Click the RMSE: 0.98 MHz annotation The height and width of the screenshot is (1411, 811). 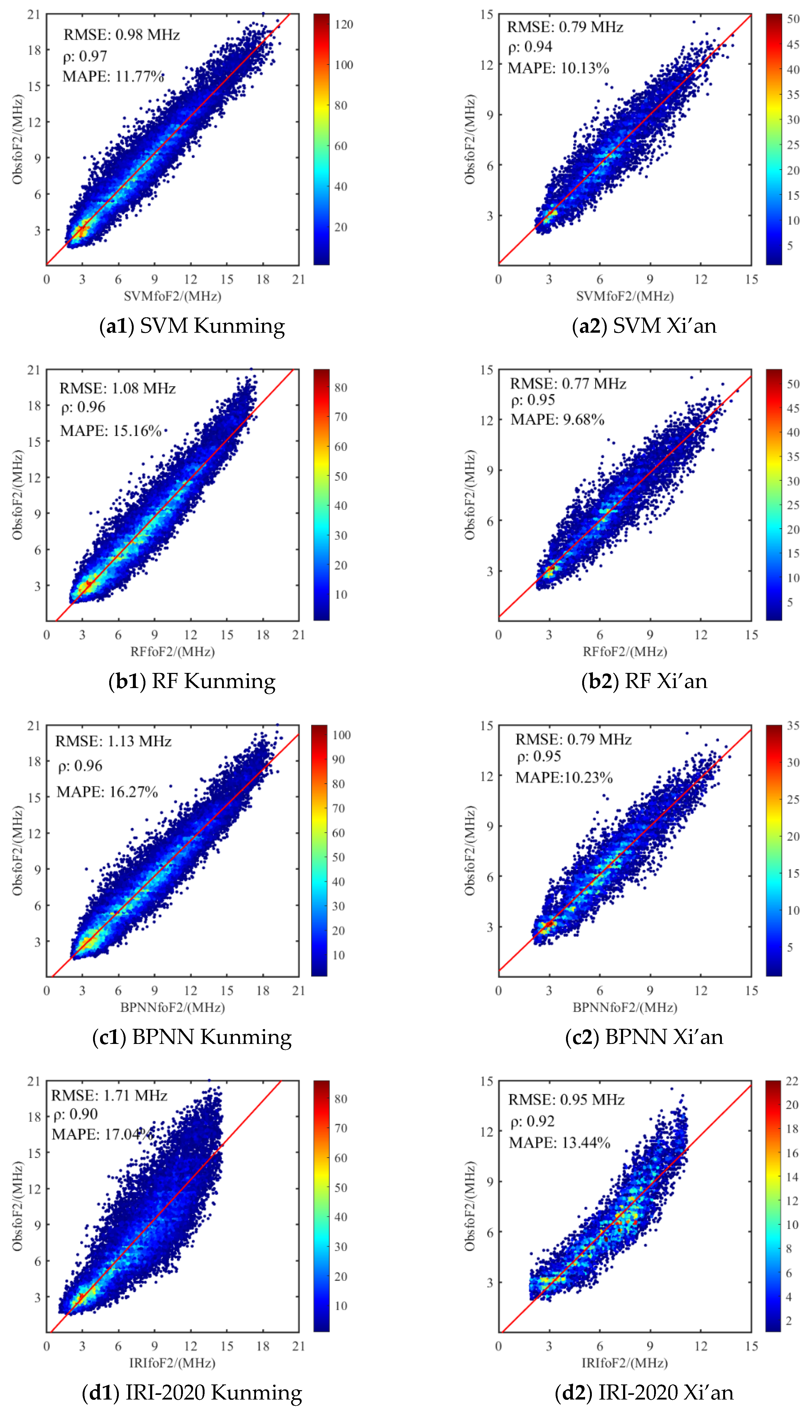121,35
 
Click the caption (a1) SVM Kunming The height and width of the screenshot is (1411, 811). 192,326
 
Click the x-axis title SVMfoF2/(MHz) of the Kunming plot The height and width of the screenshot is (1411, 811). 172,296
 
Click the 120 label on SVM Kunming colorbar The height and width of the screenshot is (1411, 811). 344,24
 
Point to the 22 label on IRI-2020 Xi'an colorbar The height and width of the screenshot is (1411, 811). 792,1081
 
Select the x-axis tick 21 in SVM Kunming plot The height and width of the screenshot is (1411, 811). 299,280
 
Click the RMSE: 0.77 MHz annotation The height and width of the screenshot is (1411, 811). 568,384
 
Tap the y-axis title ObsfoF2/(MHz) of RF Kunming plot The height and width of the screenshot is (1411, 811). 18,495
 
